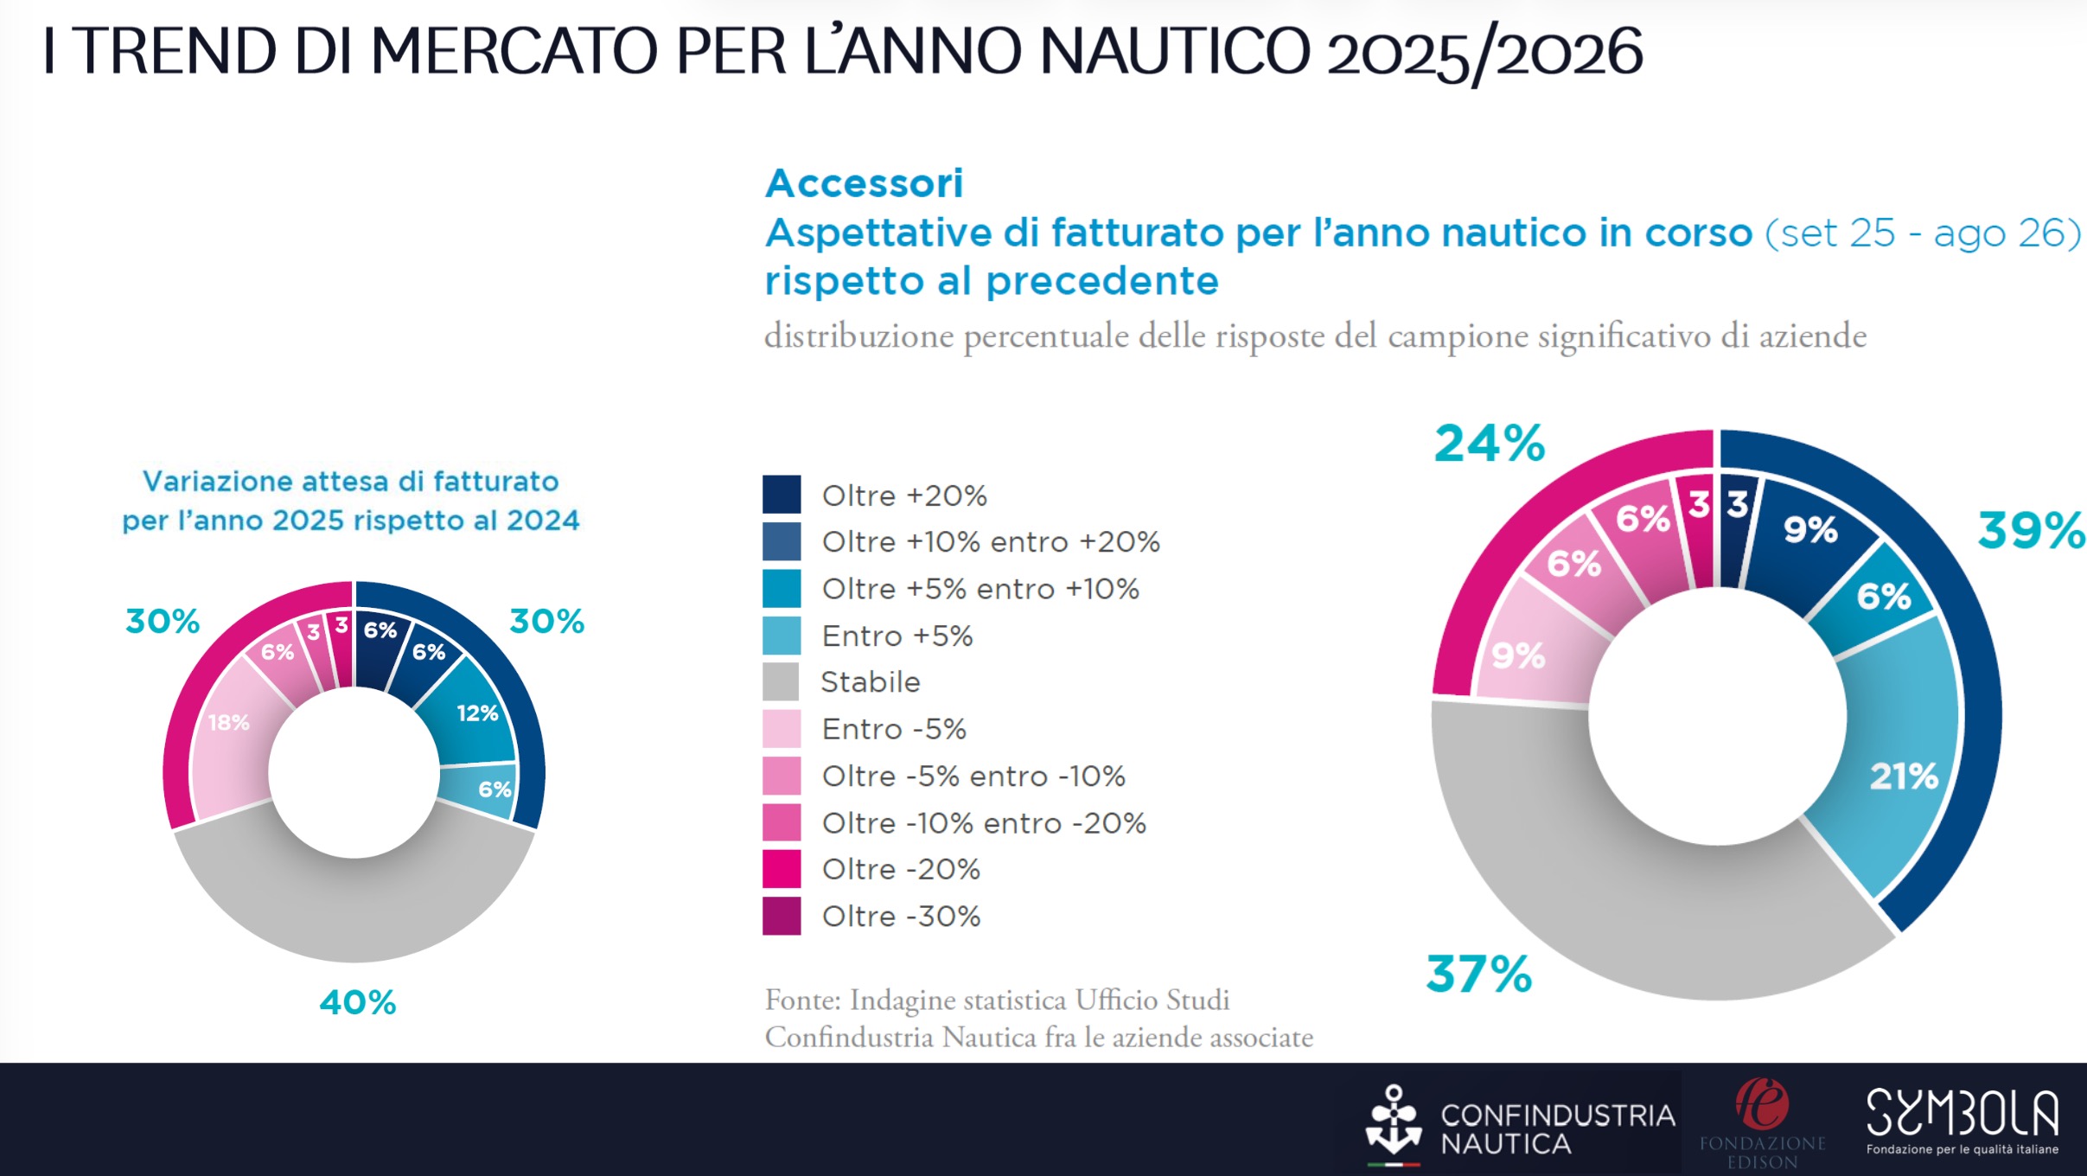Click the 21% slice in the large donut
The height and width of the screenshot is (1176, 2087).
(1902, 776)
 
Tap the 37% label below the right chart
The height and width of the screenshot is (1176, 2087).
(1478, 975)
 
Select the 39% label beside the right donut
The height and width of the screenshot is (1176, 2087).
(2030, 530)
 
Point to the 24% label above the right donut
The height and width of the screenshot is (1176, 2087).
(1489, 444)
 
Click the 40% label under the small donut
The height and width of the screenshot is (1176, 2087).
(357, 1003)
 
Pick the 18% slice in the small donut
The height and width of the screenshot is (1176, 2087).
(230, 723)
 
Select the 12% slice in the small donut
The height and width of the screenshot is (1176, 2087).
(476, 713)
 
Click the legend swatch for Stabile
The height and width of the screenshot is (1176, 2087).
(782, 681)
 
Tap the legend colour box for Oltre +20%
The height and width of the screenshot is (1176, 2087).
(782, 495)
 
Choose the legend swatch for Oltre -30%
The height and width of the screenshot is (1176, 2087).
(782, 917)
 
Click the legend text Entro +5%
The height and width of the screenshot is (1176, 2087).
(897, 636)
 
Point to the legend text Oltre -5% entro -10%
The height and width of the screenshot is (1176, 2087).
(973, 777)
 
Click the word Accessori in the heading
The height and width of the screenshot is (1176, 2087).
(864, 183)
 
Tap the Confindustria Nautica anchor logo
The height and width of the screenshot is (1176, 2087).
(1393, 1122)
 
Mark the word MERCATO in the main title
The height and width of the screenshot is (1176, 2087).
(514, 52)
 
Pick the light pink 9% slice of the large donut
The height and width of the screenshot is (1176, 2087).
(1520, 655)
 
